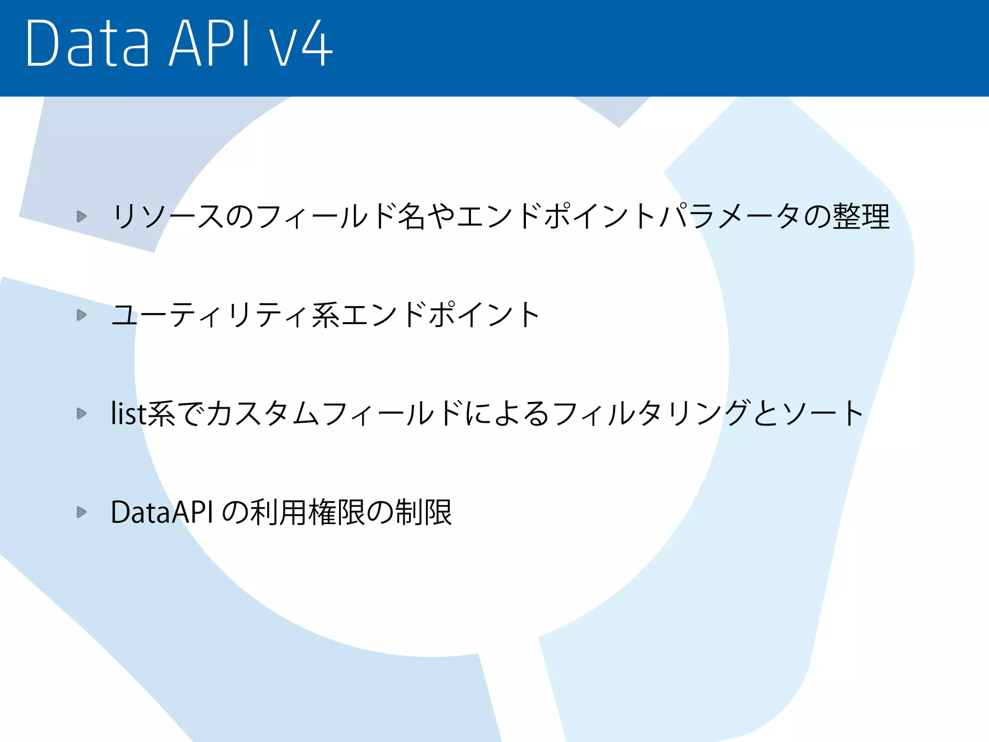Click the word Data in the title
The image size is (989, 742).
pyautogui.click(x=87, y=43)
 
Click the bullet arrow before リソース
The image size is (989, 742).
pyautogui.click(x=82, y=216)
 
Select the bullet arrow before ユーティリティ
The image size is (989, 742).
pyautogui.click(x=82, y=315)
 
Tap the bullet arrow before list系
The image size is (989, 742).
pyautogui.click(x=82, y=414)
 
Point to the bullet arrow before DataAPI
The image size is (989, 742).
pyautogui.click(x=82, y=512)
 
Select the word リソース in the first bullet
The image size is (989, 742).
pyautogui.click(x=167, y=216)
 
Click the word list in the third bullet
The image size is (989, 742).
pyautogui.click(x=128, y=414)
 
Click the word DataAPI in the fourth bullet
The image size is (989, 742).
pyautogui.click(x=162, y=512)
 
